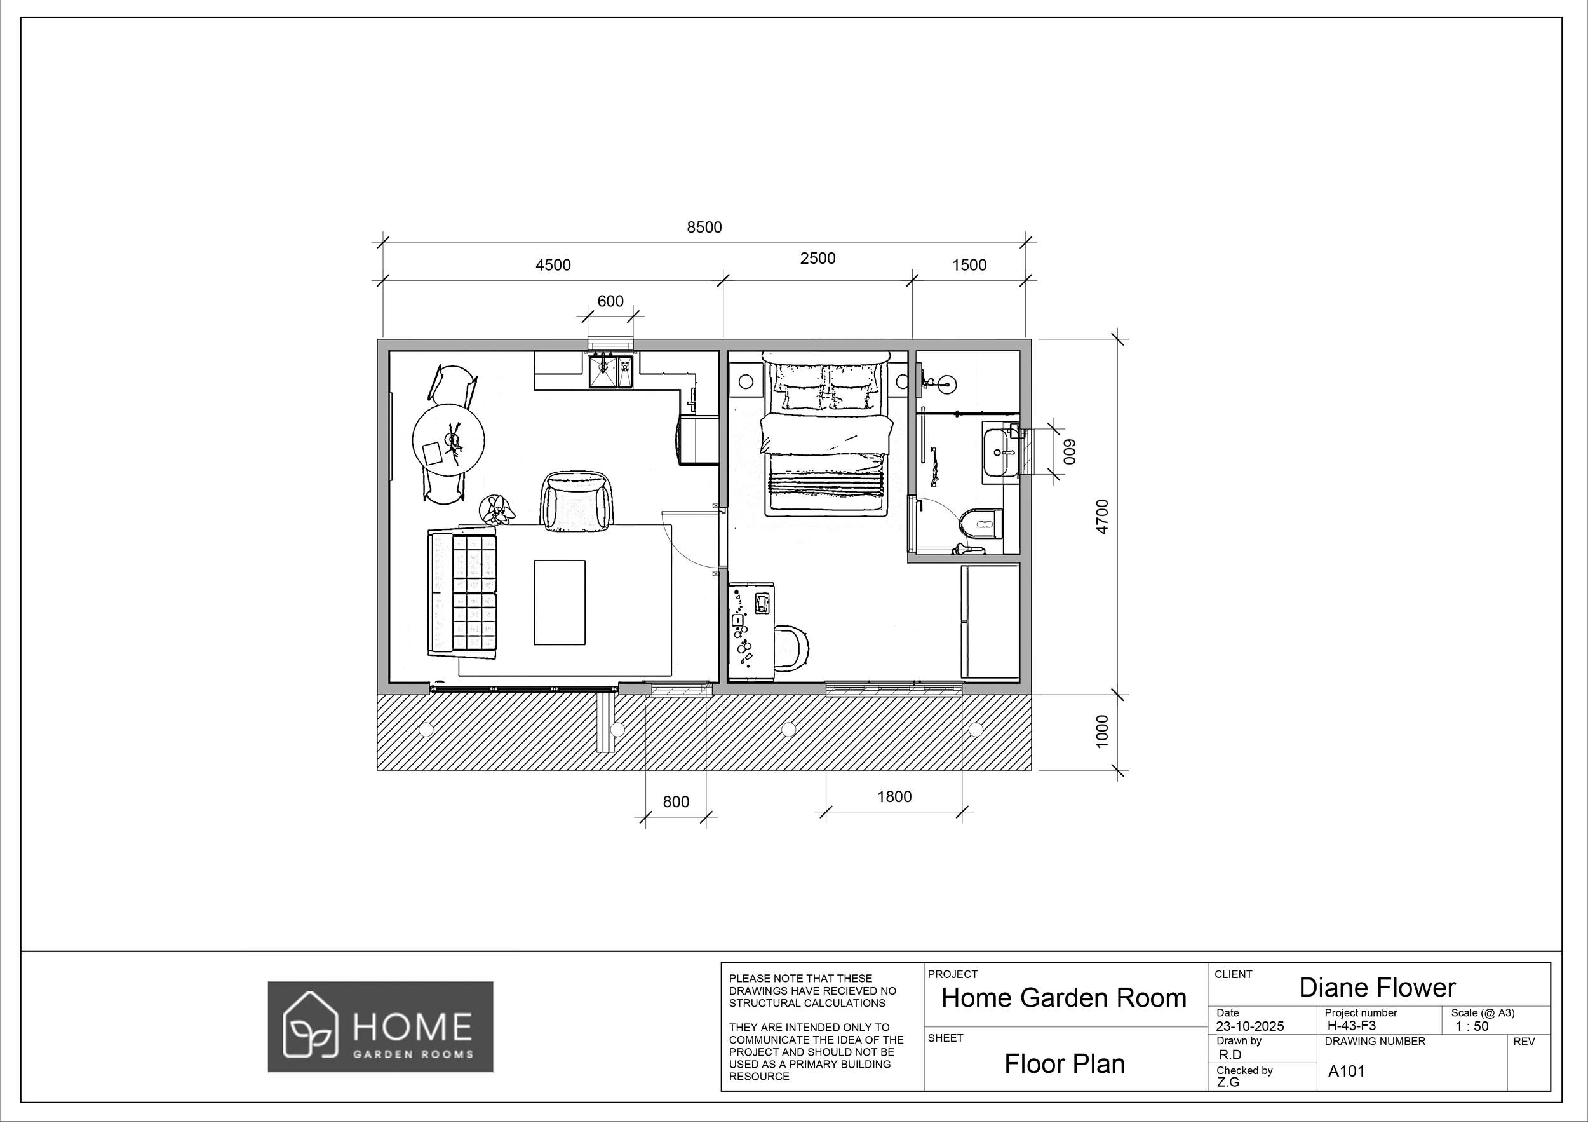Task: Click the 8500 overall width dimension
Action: pyautogui.click(x=703, y=228)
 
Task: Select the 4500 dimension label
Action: pyautogui.click(x=553, y=265)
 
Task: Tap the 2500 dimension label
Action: pyautogui.click(x=818, y=258)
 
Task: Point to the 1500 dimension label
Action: pyautogui.click(x=968, y=265)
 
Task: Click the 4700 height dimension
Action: pyautogui.click(x=1103, y=516)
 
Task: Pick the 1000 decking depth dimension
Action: pyautogui.click(x=1103, y=731)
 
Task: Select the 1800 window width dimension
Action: pyautogui.click(x=894, y=796)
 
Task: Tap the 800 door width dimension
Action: pyautogui.click(x=675, y=801)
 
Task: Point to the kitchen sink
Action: pyautogui.click(x=602, y=372)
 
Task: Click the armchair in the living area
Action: pyautogui.click(x=576, y=500)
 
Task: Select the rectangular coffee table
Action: pyautogui.click(x=559, y=602)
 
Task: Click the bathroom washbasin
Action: pyautogui.click(x=999, y=452)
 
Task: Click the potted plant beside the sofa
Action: pyautogui.click(x=497, y=510)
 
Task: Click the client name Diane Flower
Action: pyautogui.click(x=1376, y=988)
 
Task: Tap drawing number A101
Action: pyautogui.click(x=1346, y=1071)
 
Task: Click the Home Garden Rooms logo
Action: pyautogui.click(x=380, y=1026)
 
